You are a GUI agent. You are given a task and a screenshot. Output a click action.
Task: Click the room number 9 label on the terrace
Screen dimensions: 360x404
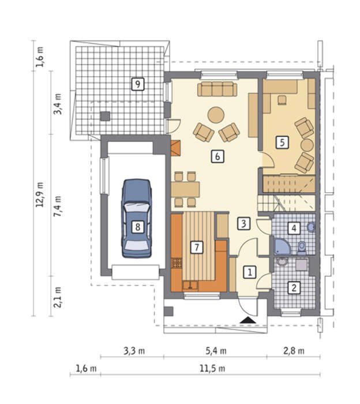click(x=137, y=84)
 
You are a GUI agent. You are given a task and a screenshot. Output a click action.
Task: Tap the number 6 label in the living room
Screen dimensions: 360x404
click(x=217, y=156)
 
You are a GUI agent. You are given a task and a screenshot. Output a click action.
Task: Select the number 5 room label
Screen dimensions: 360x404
click(x=282, y=143)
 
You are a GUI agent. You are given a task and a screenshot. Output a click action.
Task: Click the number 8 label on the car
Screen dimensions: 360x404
click(x=137, y=227)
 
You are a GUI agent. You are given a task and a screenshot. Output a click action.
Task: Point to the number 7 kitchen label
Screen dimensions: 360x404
click(x=197, y=248)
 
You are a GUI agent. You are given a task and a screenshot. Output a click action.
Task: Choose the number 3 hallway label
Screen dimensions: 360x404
click(x=243, y=223)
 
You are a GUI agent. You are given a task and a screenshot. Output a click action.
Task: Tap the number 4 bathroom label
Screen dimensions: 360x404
click(x=294, y=228)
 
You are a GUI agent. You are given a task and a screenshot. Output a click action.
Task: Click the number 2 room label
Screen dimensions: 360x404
click(x=294, y=287)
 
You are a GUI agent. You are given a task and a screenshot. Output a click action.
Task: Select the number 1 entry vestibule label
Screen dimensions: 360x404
click(x=250, y=272)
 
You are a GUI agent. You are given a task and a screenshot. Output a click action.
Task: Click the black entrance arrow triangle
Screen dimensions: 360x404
click(x=247, y=320)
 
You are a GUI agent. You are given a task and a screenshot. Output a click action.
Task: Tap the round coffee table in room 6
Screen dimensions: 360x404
click(x=216, y=115)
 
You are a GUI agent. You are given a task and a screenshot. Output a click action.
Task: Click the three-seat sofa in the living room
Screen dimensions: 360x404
click(x=217, y=89)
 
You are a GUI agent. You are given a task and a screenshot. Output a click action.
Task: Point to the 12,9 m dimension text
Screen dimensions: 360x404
click(x=40, y=195)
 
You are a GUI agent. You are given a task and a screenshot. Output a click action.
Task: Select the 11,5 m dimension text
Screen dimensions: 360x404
click(x=212, y=368)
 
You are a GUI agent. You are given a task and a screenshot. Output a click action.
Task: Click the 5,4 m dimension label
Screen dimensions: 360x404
click(x=216, y=351)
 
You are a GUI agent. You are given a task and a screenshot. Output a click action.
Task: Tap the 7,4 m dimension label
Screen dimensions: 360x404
click(x=58, y=206)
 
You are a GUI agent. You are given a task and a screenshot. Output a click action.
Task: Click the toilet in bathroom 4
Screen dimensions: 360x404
click(x=302, y=248)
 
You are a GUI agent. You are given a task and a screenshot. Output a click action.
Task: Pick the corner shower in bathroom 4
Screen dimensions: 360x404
click(x=282, y=247)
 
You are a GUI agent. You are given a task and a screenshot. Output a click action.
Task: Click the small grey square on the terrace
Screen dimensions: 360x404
click(x=105, y=116)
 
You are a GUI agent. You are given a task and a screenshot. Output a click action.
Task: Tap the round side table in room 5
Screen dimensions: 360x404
click(x=307, y=145)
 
